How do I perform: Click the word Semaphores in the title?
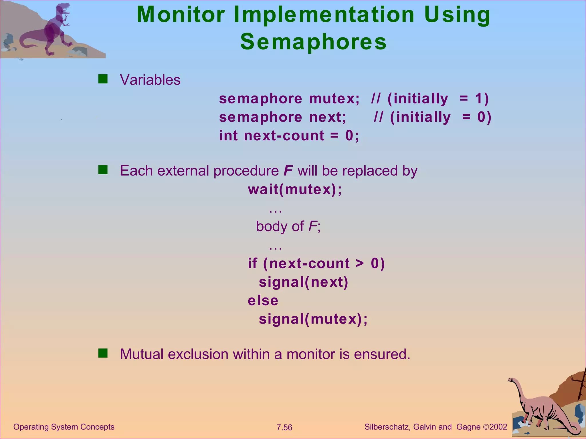pos(313,42)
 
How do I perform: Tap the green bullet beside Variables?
pos(103,79)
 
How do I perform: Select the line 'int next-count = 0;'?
pos(289,135)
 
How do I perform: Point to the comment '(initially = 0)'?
pos(441,117)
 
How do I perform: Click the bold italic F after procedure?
pos(288,171)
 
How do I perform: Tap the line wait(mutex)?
pos(295,189)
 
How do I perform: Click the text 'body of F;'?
pos(288,226)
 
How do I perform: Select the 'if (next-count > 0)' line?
pos(316,263)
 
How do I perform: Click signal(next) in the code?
pos(304,282)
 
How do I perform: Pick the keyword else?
pos(263,300)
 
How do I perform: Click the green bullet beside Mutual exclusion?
pos(103,354)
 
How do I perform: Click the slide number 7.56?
pos(284,428)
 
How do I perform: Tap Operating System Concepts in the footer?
pos(64,427)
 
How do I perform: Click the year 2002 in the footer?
pos(498,427)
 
